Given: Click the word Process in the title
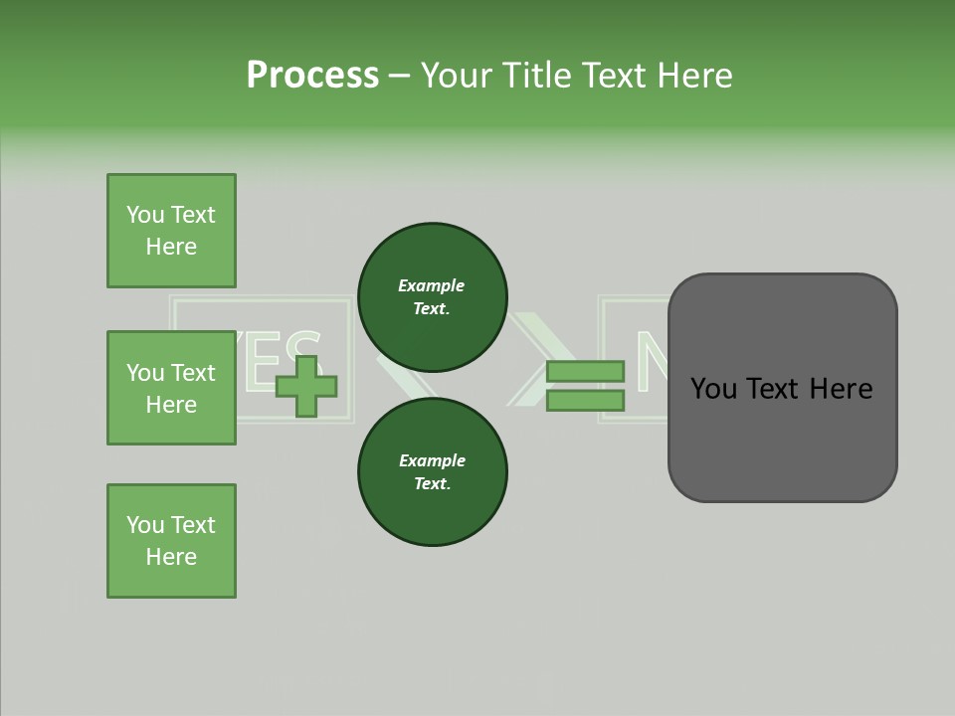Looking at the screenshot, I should click(312, 75).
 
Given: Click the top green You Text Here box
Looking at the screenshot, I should click(171, 231).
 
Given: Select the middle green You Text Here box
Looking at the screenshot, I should click(171, 388).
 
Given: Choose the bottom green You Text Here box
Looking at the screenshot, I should click(171, 541).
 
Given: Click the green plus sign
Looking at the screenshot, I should click(306, 386).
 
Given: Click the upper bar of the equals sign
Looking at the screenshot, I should click(585, 372).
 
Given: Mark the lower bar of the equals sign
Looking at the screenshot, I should click(585, 400).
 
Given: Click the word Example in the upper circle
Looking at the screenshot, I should click(432, 285).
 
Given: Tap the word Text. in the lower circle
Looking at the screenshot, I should click(432, 484).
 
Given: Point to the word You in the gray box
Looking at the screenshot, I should click(713, 389).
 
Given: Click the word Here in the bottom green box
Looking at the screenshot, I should click(171, 557).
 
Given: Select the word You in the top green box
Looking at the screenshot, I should click(144, 215).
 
